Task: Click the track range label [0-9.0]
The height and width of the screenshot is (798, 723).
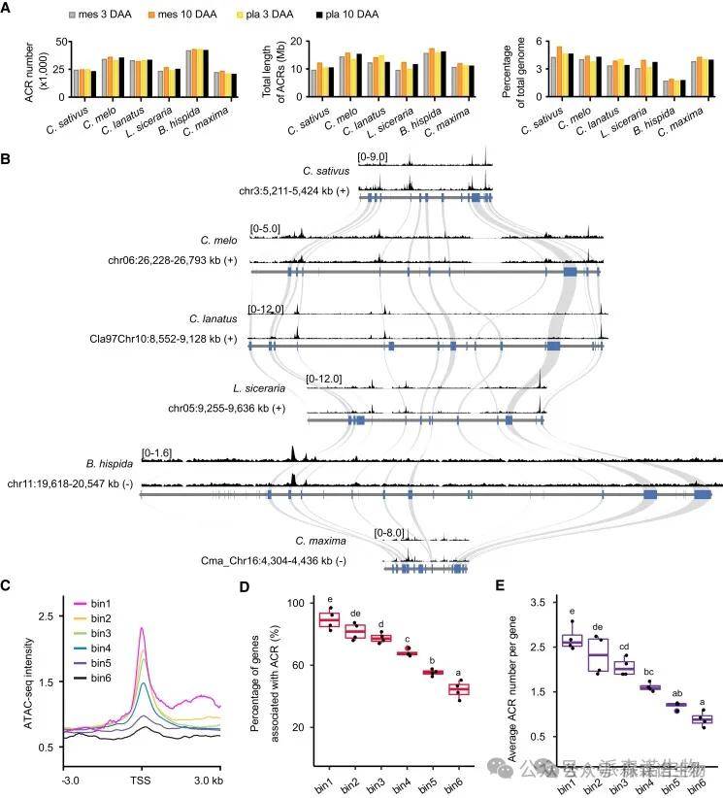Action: [373, 154]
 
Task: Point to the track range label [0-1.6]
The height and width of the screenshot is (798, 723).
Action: [156, 452]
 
